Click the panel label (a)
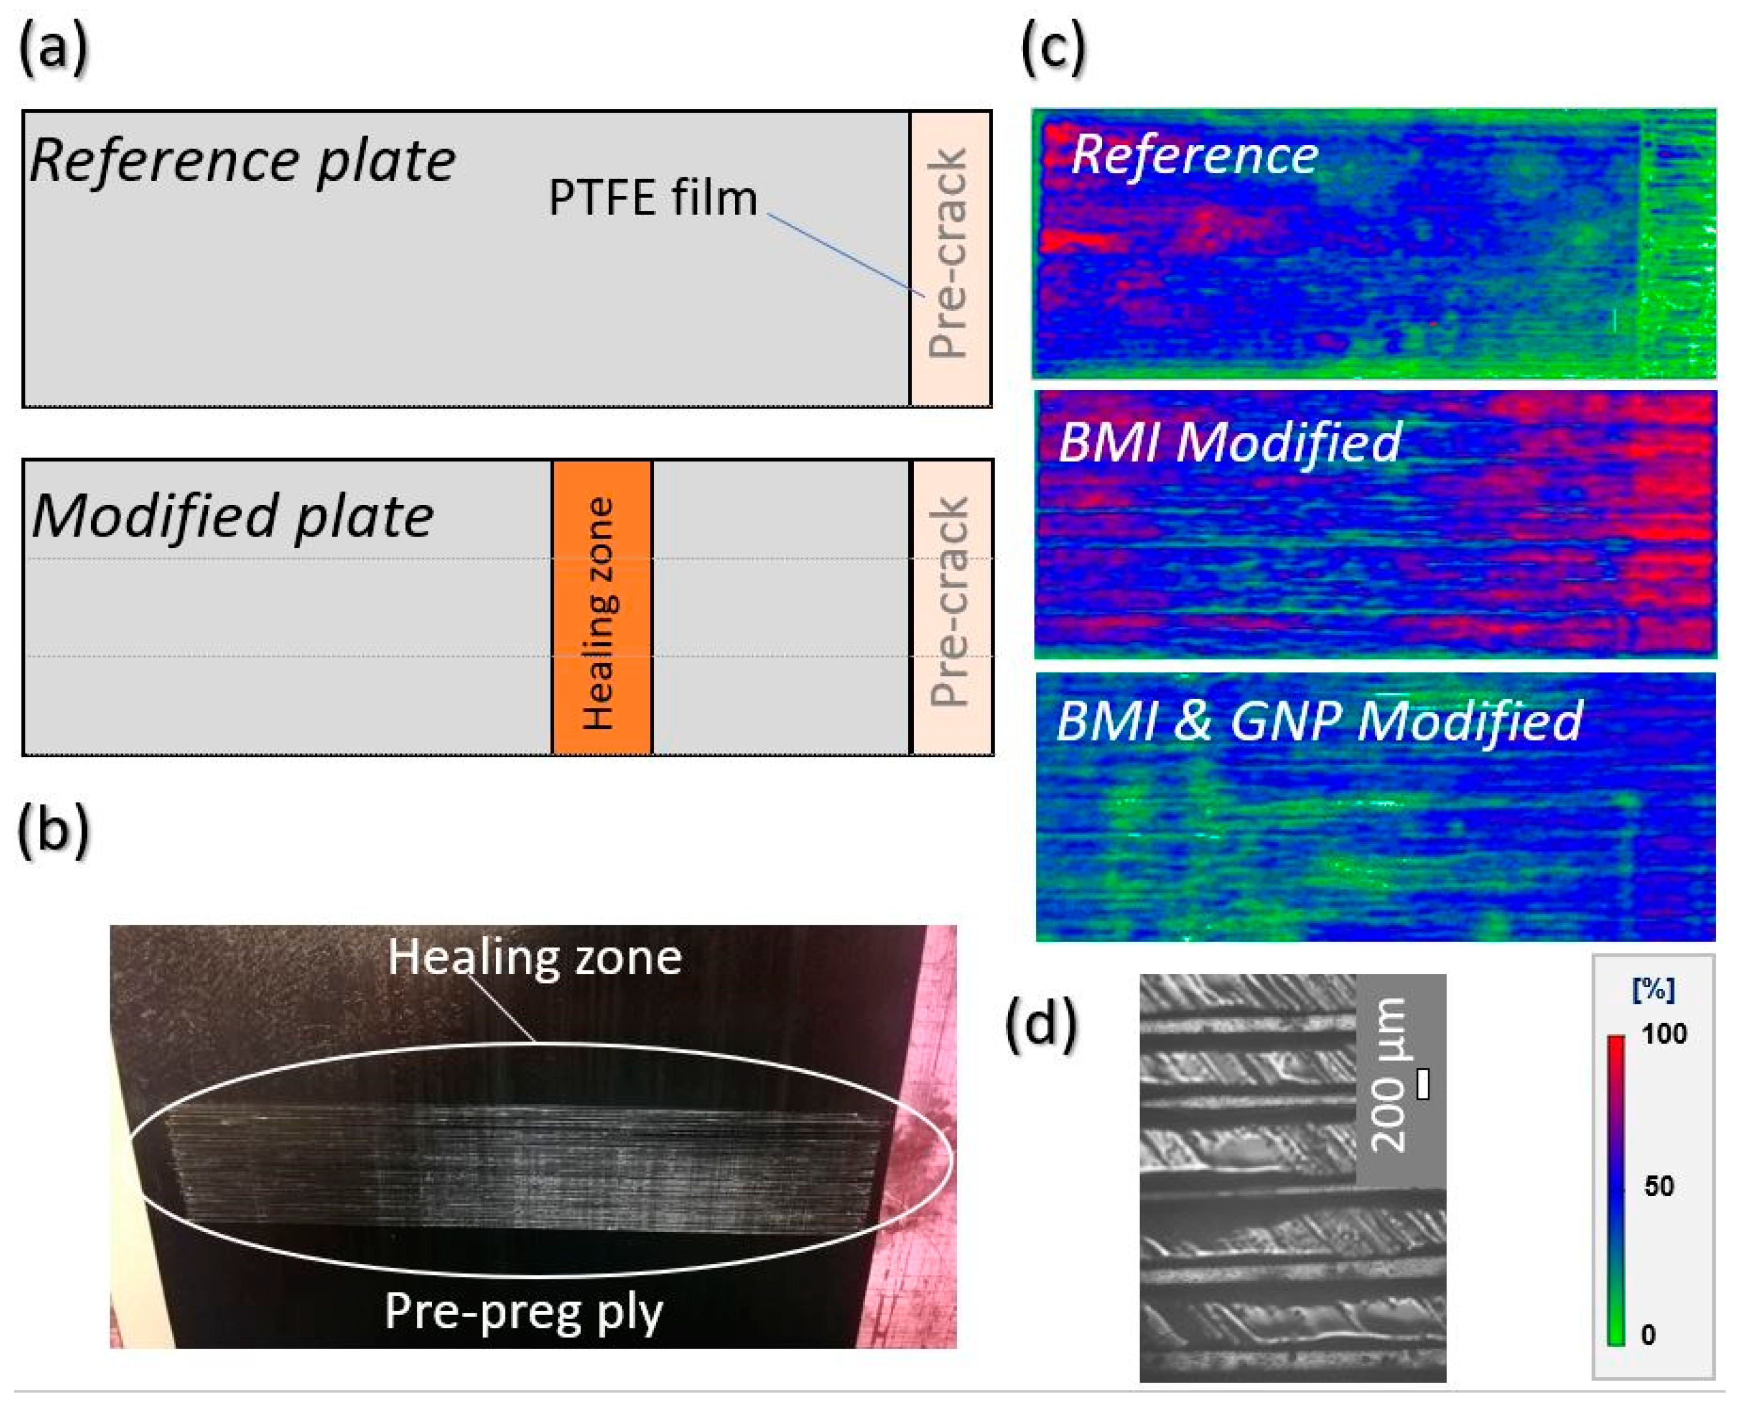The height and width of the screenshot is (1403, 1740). click(x=53, y=50)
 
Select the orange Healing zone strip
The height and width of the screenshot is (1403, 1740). click(x=602, y=608)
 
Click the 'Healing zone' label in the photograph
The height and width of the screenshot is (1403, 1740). click(x=535, y=958)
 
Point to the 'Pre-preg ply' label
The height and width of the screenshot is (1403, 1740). click(x=524, y=1311)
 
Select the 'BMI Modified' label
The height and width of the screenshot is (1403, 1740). click(x=1230, y=441)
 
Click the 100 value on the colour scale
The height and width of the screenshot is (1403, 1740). click(x=1664, y=1034)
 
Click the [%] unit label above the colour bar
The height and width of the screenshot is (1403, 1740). click(x=1653, y=990)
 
